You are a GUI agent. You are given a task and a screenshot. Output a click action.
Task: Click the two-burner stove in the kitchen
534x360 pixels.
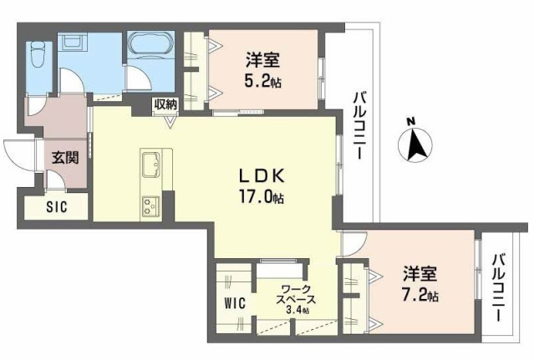pos(150,205)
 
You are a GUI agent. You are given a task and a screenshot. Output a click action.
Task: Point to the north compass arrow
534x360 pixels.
pos(414,142)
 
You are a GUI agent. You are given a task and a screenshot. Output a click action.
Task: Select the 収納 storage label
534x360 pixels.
pos(165,104)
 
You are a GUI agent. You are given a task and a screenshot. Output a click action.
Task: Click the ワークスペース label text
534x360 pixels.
pos(295,294)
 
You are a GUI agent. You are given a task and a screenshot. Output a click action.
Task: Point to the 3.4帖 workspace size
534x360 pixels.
pos(295,310)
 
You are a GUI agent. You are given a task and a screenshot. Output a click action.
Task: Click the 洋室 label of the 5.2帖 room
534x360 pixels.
pos(262,60)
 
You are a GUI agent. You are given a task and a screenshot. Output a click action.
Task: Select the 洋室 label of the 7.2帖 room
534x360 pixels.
pos(420,274)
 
